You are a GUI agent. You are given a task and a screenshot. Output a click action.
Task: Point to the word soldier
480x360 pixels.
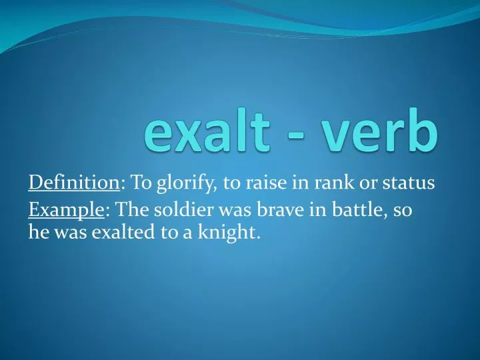point(186,211)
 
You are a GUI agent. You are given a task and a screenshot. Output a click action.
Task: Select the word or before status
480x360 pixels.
point(365,183)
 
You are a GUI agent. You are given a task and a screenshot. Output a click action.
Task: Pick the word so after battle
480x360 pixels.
point(403,211)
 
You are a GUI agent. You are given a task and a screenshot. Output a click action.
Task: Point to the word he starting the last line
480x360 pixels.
point(37,233)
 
